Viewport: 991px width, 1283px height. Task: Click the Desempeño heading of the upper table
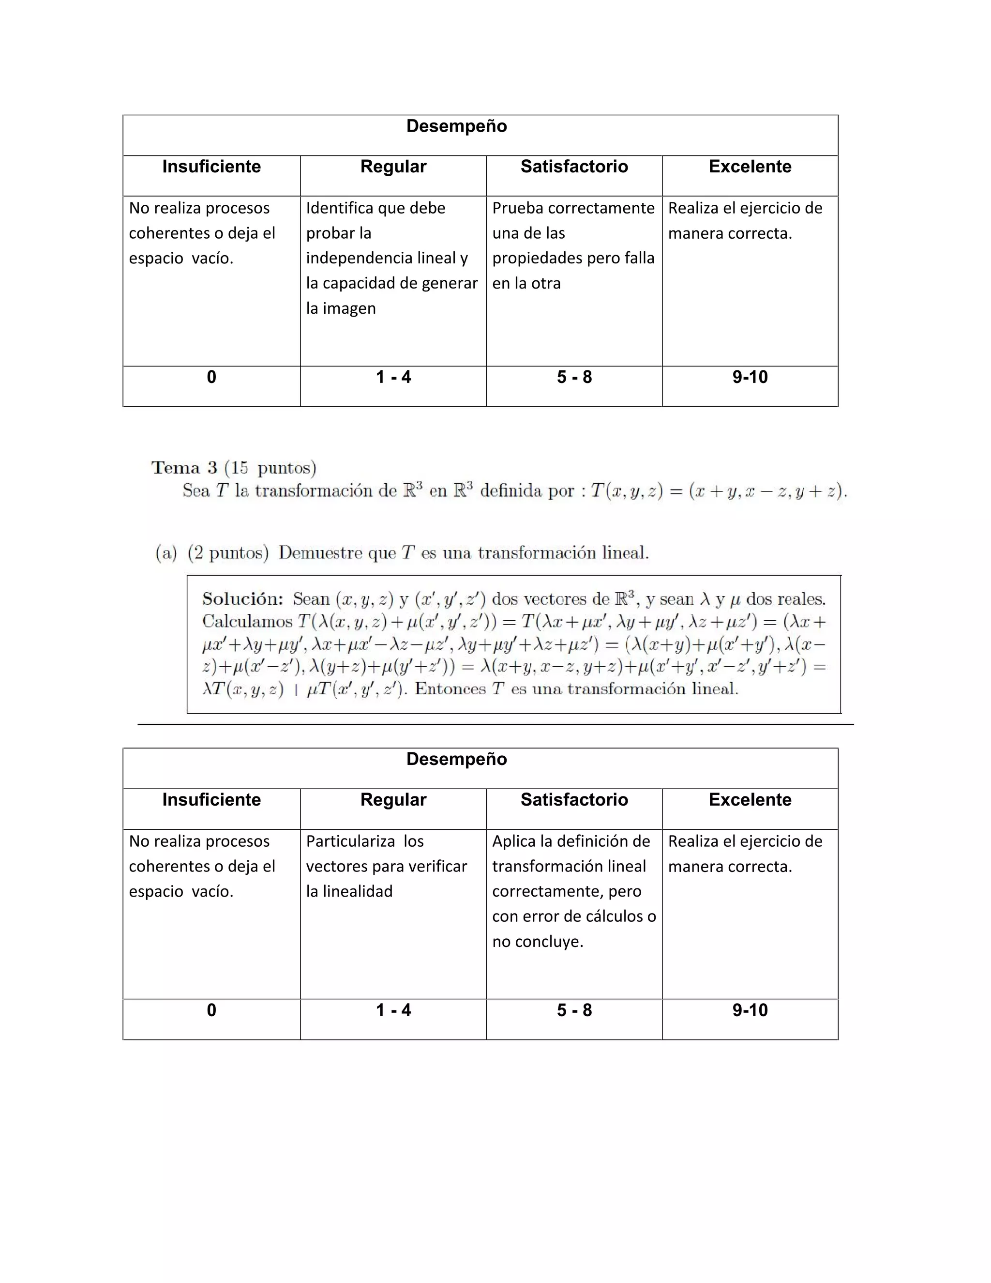[456, 126]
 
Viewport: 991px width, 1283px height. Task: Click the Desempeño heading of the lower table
[456, 759]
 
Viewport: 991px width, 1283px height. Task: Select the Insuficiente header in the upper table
[211, 167]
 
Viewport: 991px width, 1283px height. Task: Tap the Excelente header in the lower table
[750, 799]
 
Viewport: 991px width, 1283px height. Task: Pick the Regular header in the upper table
[393, 167]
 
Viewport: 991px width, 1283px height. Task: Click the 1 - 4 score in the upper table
[393, 377]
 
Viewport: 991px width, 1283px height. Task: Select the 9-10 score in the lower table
[750, 1010]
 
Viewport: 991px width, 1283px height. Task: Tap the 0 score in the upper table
[211, 377]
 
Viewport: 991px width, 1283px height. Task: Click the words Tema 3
[184, 468]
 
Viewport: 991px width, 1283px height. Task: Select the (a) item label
[166, 553]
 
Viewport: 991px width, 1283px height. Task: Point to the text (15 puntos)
[270, 468]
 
